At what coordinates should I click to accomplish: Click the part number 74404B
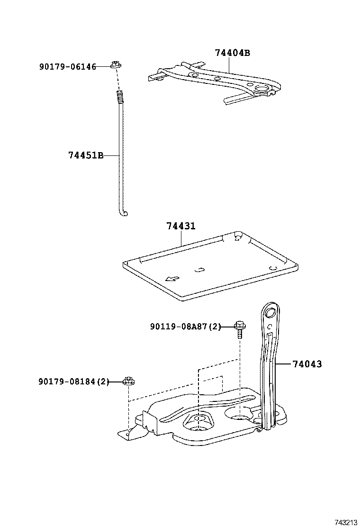pyautogui.click(x=232, y=53)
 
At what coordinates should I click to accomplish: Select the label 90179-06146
pyautogui.click(x=67, y=67)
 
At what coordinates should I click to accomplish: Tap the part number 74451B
pyautogui.click(x=86, y=155)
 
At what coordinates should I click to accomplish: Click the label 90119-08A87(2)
pyautogui.click(x=186, y=326)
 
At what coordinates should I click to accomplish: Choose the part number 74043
pyautogui.click(x=306, y=364)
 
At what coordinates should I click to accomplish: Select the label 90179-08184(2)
pyautogui.click(x=73, y=381)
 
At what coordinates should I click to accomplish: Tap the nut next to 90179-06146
pyautogui.click(x=115, y=64)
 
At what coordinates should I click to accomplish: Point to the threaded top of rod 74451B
pyautogui.click(x=120, y=98)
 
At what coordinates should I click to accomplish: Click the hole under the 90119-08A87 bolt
pyautogui.click(x=241, y=416)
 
